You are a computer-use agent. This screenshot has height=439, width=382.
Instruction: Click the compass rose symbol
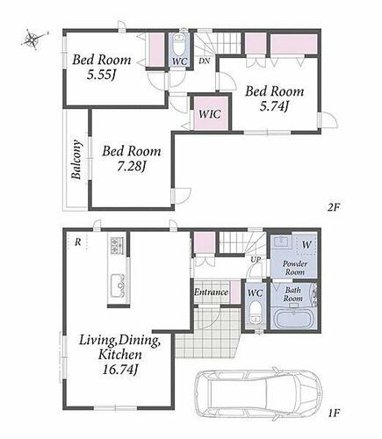click(x=33, y=40)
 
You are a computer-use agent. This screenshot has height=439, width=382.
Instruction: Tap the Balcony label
click(x=76, y=160)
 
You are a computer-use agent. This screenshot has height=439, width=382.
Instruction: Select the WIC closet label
click(x=209, y=114)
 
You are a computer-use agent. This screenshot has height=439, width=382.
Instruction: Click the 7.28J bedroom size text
click(x=132, y=167)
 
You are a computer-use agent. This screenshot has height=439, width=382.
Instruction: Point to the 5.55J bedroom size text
click(x=101, y=76)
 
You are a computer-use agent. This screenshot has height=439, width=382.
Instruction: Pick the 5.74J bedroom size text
click(x=274, y=106)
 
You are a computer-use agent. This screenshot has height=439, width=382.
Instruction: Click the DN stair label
click(x=205, y=61)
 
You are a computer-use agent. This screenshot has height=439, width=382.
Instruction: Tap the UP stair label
click(x=256, y=259)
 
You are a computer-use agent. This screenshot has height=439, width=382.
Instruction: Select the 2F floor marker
click(x=334, y=207)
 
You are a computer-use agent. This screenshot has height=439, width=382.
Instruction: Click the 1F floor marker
click(x=334, y=413)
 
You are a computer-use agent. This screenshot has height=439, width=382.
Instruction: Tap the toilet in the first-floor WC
click(x=256, y=313)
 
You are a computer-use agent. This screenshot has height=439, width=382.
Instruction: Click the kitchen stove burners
click(x=118, y=245)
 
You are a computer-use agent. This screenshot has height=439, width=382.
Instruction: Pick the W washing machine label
click(x=306, y=244)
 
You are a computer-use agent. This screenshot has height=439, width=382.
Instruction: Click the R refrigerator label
click(x=77, y=242)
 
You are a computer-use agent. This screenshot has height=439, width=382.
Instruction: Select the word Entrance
click(x=211, y=292)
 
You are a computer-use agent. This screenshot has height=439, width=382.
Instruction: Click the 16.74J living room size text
click(x=120, y=370)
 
